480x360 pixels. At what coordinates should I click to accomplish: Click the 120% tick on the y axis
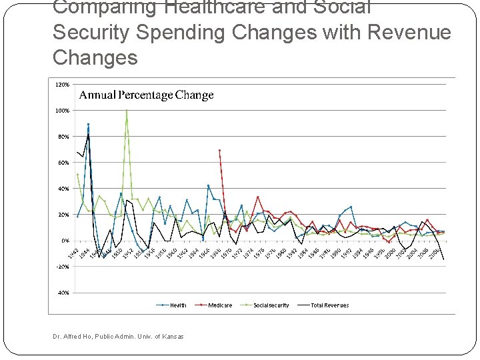pyautogui.click(x=61, y=85)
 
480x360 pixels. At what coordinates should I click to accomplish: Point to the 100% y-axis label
pyautogui.click(x=61, y=111)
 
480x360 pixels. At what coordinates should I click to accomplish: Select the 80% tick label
pyautogui.click(x=62, y=137)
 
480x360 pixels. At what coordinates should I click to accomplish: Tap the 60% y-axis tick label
pyautogui.click(x=62, y=163)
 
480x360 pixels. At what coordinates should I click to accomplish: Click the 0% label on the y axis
pyautogui.click(x=64, y=241)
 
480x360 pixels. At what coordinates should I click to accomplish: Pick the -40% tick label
pyautogui.click(x=61, y=293)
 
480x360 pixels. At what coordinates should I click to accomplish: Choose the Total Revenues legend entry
pyautogui.click(x=329, y=305)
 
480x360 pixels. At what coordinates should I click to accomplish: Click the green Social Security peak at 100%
pyautogui.click(x=127, y=111)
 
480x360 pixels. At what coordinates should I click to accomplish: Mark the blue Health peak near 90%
pyautogui.click(x=88, y=125)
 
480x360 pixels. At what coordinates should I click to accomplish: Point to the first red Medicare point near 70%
pyautogui.click(x=219, y=150)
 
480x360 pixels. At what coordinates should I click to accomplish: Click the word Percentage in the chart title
pyautogui.click(x=147, y=95)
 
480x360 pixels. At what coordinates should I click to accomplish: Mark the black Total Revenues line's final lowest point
pyautogui.click(x=443, y=259)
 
